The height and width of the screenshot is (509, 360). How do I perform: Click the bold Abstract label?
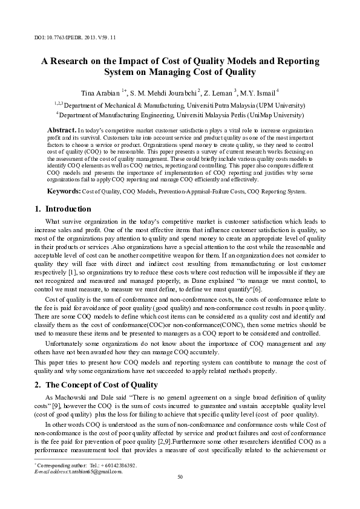click(61, 130)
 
